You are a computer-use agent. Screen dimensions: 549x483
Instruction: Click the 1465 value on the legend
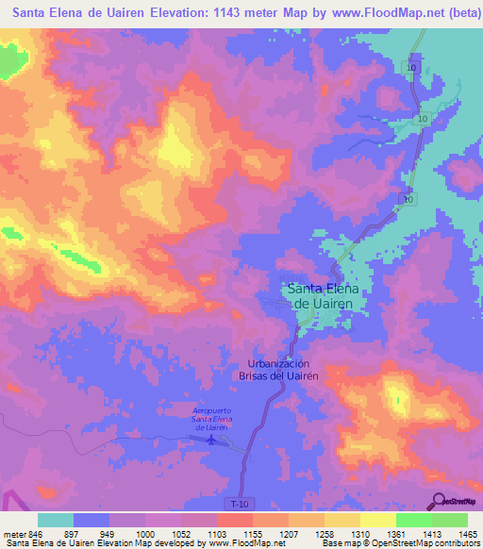[467, 533]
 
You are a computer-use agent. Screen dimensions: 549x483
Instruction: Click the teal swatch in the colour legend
[55, 520]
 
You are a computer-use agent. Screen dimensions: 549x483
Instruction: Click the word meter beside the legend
[12, 533]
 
